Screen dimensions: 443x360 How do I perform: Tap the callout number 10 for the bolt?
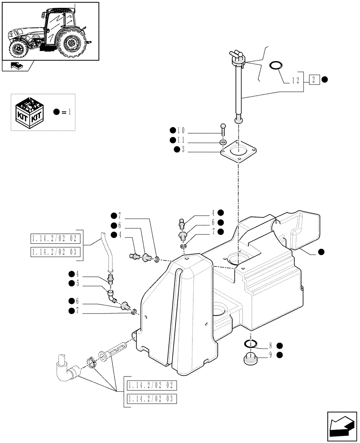(x=180, y=131)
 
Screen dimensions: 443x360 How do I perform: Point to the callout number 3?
(x=183, y=151)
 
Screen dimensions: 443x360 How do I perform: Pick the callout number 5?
(x=78, y=283)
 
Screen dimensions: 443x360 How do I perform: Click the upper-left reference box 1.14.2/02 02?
(x=55, y=239)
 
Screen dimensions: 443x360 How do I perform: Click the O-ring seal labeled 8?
(x=250, y=344)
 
